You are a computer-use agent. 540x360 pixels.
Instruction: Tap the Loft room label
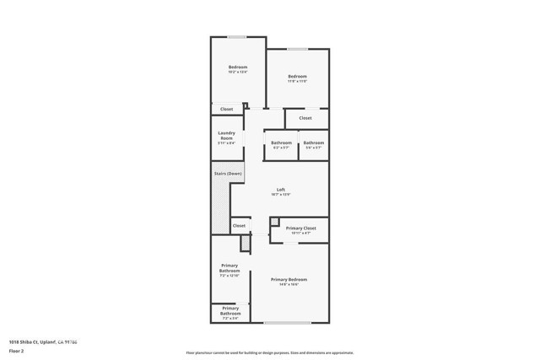point(282,189)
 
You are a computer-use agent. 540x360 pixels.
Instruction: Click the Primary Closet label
point(300,228)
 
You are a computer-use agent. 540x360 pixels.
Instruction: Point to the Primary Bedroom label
point(289,279)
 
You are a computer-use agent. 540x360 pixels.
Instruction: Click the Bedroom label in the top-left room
point(237,67)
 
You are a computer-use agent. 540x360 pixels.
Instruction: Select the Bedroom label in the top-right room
point(296,76)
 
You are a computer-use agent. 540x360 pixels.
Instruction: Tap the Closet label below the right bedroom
point(305,118)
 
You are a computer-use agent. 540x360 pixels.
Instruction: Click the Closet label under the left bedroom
point(227,110)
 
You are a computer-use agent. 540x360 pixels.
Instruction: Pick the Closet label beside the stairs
point(239,226)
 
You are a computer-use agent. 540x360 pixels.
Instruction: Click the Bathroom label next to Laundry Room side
point(282,142)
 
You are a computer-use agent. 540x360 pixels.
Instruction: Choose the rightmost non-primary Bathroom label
point(314,142)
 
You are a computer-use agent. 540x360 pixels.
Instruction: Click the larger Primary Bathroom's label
point(229,269)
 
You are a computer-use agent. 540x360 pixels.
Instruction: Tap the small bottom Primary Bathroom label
point(229,312)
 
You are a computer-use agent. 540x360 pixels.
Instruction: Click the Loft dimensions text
point(282,194)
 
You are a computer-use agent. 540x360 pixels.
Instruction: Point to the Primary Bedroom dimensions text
point(289,284)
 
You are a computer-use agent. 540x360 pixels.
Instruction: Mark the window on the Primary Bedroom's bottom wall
point(287,323)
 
